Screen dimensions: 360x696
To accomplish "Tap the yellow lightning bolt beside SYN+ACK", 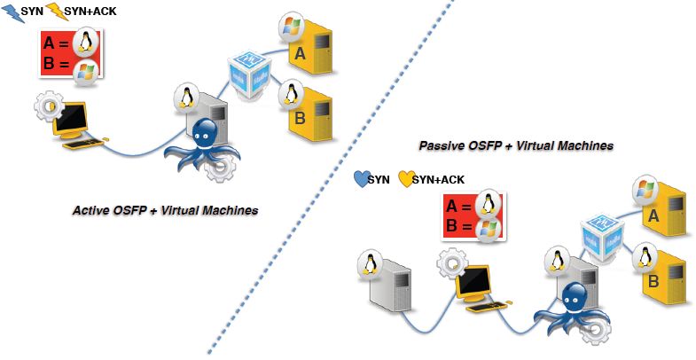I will (x=55, y=12).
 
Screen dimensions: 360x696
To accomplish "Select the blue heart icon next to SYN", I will (x=359, y=180).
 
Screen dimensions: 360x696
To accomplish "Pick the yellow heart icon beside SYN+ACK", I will (x=407, y=180).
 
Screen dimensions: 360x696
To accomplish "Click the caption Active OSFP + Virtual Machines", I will (x=165, y=211).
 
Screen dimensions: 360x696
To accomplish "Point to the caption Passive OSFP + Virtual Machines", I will (x=516, y=145).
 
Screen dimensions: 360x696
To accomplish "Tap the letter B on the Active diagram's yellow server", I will (x=301, y=116).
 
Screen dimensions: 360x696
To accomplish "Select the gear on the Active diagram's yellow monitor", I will (x=46, y=106).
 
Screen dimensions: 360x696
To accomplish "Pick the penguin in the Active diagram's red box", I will (x=86, y=42).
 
